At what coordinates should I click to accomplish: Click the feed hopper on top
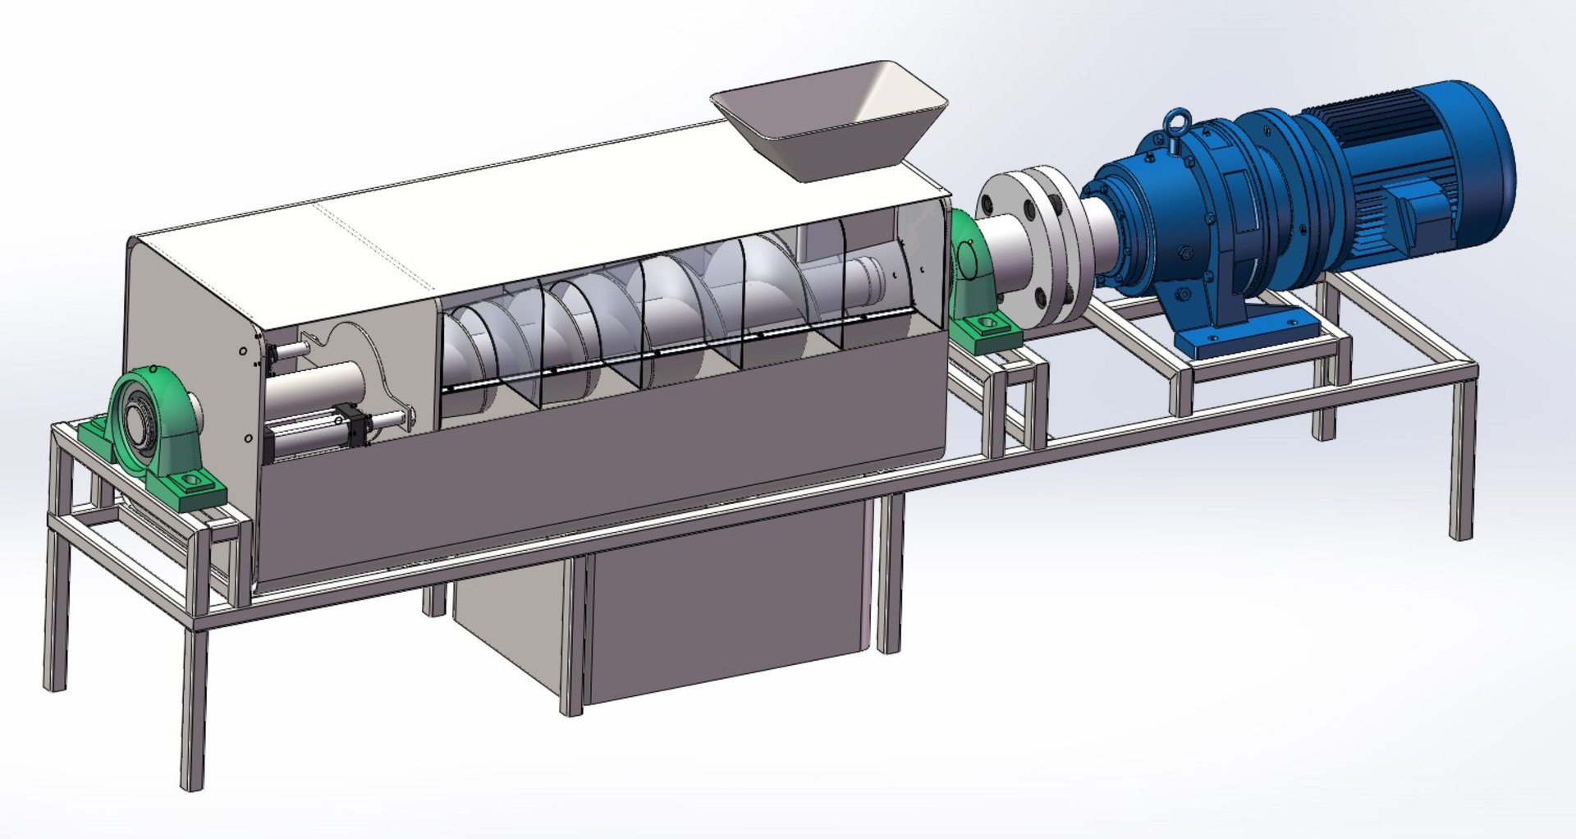(x=829, y=123)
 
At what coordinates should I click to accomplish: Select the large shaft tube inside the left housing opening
(x=316, y=386)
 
